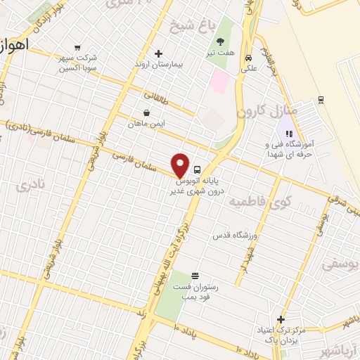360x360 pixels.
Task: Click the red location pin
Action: [181, 165]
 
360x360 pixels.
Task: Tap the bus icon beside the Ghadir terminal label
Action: [197, 169]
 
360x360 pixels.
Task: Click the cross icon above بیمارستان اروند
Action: [158, 53]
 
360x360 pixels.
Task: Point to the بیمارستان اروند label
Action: [159, 64]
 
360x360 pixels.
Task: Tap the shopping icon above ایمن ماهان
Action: [146, 112]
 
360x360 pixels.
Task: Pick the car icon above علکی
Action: [247, 58]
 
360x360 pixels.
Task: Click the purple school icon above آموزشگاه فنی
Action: [288, 132]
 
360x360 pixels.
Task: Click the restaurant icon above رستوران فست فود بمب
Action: [194, 275]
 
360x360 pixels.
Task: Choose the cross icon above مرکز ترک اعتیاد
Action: [281, 319]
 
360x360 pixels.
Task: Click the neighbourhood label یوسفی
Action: [337, 264]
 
